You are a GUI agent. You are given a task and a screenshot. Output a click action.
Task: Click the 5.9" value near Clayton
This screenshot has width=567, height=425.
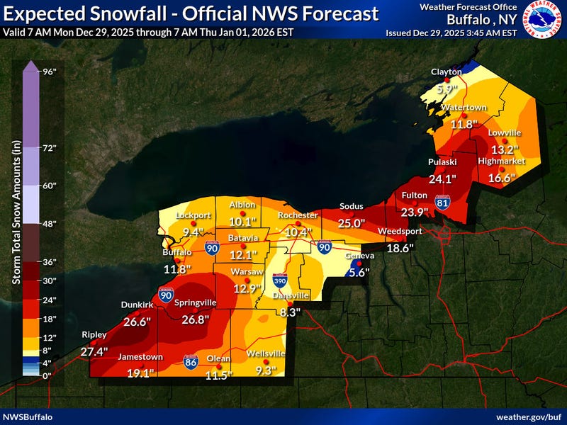coord(448,89)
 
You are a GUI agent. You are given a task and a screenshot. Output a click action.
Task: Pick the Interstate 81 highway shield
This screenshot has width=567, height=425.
coord(443,202)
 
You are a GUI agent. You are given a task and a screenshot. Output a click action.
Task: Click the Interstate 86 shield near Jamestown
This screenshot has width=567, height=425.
coord(190,361)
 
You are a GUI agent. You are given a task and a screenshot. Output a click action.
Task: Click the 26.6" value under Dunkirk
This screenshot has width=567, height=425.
coord(137,322)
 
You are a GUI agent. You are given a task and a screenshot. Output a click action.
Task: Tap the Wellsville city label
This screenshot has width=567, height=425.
coord(266,353)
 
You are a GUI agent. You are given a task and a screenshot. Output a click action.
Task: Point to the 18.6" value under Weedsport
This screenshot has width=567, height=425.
coord(399,249)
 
